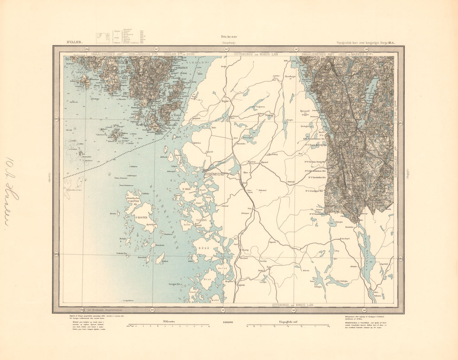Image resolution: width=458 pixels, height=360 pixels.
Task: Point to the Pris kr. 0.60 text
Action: (x=229, y=37)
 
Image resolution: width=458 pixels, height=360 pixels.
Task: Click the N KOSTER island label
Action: (x=133, y=201)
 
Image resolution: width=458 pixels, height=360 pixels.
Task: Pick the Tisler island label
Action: (x=117, y=138)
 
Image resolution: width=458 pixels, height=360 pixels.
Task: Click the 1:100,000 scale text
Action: (x=228, y=322)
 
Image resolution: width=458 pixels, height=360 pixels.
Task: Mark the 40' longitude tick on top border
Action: (x=296, y=49)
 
